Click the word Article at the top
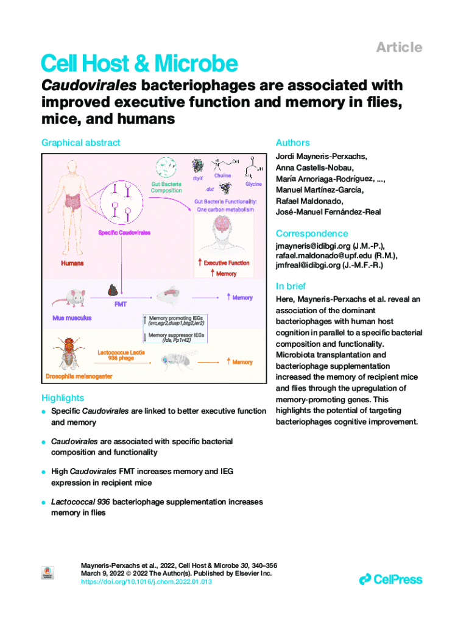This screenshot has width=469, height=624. [399, 48]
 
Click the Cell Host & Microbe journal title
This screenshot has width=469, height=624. [138, 64]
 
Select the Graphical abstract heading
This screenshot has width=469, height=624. [80, 143]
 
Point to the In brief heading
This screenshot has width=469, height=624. [291, 286]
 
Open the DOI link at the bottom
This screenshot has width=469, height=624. [146, 582]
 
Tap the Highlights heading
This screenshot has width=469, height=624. [62, 397]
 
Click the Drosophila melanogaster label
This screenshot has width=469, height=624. [79, 377]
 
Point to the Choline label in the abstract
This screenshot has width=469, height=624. [222, 175]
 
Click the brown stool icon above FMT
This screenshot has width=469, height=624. [113, 289]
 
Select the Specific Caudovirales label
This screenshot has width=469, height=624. [124, 232]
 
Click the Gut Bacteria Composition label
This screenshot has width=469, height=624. [166, 186]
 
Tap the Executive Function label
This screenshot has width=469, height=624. [226, 263]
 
